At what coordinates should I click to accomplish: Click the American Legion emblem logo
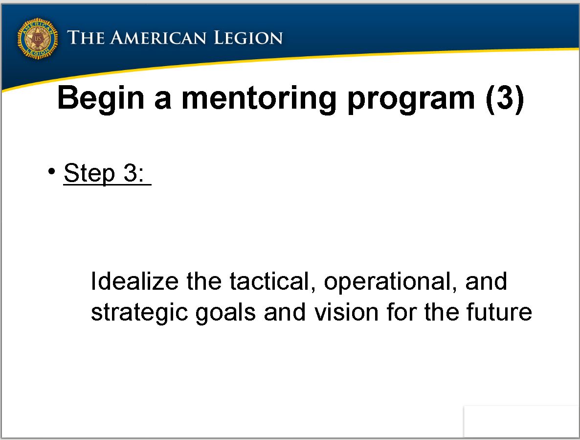(37, 39)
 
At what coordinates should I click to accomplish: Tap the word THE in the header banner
(86, 38)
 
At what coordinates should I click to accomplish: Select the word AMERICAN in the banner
(158, 38)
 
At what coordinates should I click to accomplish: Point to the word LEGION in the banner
(248, 38)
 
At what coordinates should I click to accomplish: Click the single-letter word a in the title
(163, 101)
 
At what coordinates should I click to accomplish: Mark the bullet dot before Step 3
(51, 171)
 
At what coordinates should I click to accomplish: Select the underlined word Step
(89, 173)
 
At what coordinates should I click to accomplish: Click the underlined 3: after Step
(134, 172)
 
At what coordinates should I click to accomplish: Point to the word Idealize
(134, 281)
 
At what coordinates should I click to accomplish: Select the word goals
(225, 313)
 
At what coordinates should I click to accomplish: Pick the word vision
(347, 312)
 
